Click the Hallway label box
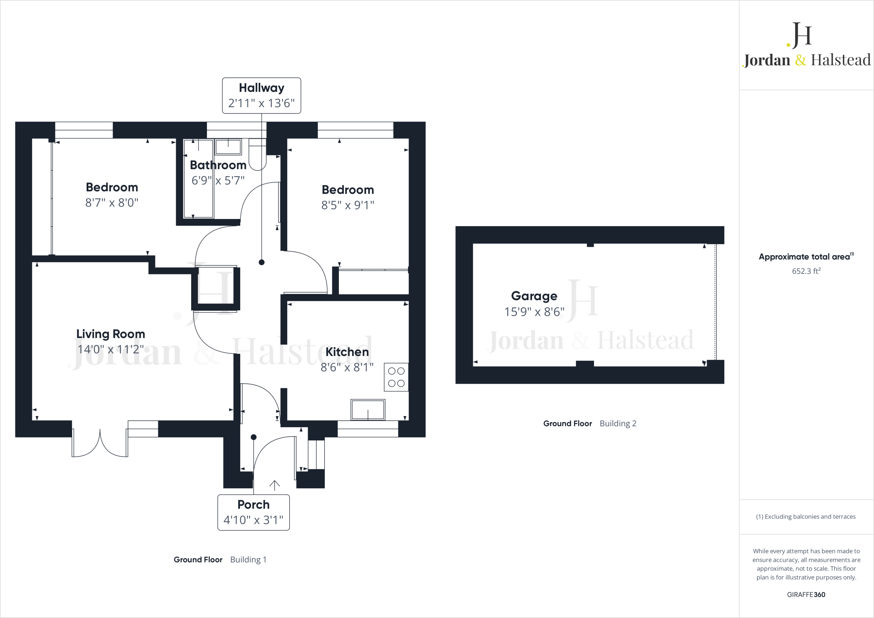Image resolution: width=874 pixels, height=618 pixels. point(261,95)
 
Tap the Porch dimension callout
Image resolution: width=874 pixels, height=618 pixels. point(253,512)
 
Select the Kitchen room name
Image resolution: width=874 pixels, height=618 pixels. point(347,352)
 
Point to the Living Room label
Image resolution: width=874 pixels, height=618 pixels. point(111,334)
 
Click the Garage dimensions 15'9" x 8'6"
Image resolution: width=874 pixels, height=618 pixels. point(534,312)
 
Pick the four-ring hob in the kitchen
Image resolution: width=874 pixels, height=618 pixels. point(396,377)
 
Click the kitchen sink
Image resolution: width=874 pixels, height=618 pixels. point(367,410)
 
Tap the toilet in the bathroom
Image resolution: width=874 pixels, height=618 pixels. point(257,154)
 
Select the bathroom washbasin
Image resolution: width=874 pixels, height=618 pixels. point(228,146)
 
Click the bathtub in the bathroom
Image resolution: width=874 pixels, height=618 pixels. point(198,178)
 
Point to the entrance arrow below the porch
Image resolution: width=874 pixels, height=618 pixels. point(274,485)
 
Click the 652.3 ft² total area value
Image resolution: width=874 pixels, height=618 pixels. point(806,271)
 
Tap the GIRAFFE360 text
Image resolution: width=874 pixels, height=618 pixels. point(806,595)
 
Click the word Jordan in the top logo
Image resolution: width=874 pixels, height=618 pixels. point(767,60)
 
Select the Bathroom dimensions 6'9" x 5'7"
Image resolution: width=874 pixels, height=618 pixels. point(218,181)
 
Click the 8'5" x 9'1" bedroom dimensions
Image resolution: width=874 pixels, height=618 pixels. point(347,205)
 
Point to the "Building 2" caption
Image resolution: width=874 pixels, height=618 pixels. point(618,423)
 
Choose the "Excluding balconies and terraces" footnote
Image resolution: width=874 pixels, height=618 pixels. point(806,516)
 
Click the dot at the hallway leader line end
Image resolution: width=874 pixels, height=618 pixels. point(262,262)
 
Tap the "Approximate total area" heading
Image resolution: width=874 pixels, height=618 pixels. point(804,257)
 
